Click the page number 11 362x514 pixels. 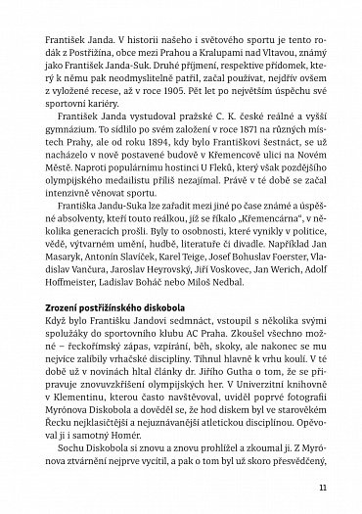(336, 484)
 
